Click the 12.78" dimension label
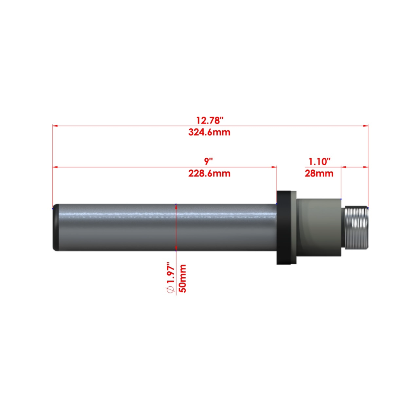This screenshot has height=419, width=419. pyautogui.click(x=210, y=120)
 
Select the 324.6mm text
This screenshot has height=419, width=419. pyautogui.click(x=209, y=132)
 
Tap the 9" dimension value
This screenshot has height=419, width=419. pyautogui.click(x=208, y=161)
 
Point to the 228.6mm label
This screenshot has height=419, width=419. pyautogui.click(x=209, y=173)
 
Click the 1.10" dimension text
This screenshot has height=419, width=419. pyautogui.click(x=319, y=161)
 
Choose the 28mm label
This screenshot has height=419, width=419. pyautogui.click(x=319, y=173)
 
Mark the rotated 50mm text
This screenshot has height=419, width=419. pyautogui.click(x=182, y=279)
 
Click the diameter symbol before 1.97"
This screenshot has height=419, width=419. pyautogui.click(x=170, y=289)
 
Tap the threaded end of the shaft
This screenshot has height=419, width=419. pyautogui.click(x=356, y=227)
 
